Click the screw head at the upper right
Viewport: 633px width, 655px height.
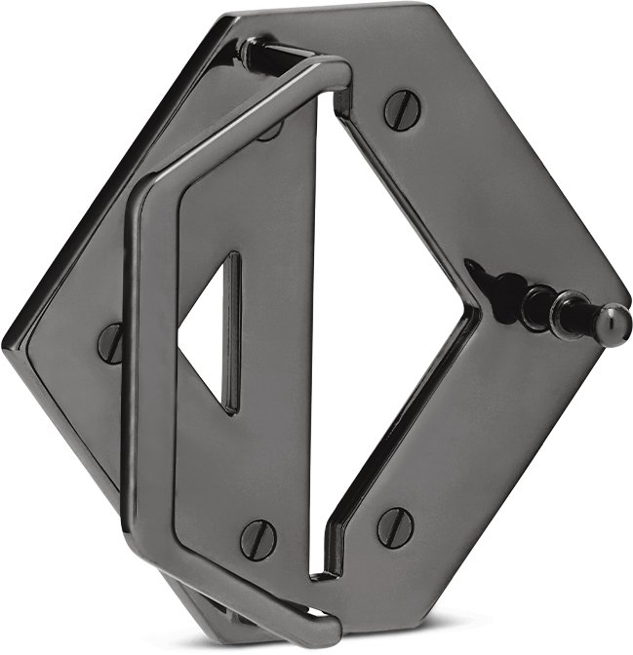pos(402,109)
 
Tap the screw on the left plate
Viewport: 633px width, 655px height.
pos(111,342)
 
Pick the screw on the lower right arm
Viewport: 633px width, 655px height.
pos(395,526)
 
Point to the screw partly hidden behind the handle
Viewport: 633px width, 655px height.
pos(271,130)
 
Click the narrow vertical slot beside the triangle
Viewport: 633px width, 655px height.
pos(232,331)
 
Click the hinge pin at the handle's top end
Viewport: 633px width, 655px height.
pos(256,54)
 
